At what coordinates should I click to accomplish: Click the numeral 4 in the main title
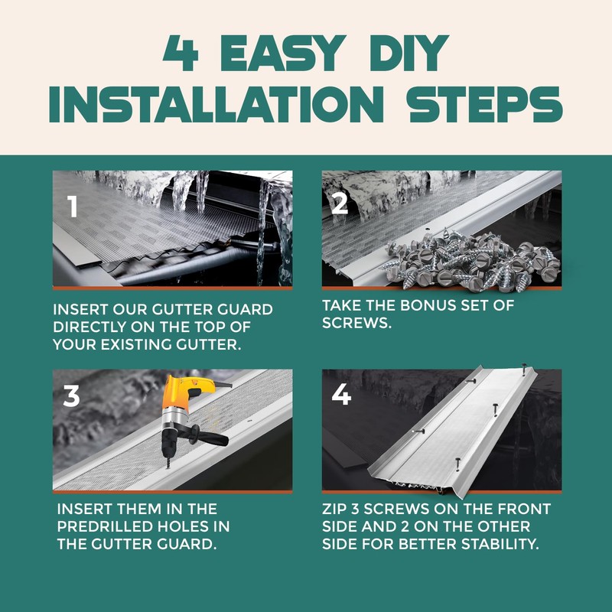coord(181,53)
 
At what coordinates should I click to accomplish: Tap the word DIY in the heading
coord(409,53)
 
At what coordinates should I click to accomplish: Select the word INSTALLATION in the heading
coord(216,105)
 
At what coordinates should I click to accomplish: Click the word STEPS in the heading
coord(484,105)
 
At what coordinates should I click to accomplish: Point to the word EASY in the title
coord(283,53)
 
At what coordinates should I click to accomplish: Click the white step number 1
coord(73,206)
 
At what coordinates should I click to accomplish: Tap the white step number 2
coord(340,203)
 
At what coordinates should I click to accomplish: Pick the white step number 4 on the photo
coord(341,394)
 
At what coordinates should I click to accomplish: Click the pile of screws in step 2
coord(472,259)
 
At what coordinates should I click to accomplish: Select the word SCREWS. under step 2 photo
coord(356,323)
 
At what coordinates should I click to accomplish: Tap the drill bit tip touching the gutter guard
coord(168,468)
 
